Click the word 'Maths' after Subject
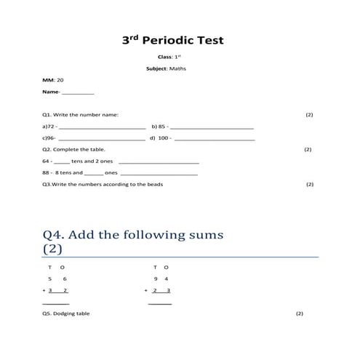click(177, 68)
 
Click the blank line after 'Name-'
click(78, 94)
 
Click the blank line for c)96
click(101, 138)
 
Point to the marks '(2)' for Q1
click(309, 115)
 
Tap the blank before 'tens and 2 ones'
click(62, 161)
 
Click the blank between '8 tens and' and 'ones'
click(94, 174)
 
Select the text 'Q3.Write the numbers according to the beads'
click(103, 184)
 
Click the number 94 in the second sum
click(161, 279)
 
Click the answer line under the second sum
click(160, 303)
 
